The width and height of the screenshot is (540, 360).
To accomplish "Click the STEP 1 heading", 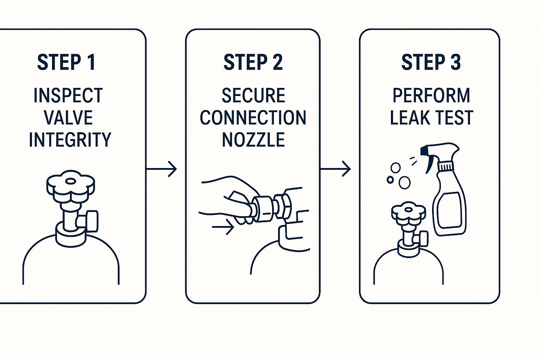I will tap(66, 63).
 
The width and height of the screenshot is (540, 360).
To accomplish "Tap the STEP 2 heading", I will tap(253, 63).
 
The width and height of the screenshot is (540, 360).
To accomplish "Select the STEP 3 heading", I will tap(431, 63).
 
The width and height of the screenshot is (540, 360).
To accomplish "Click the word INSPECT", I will tap(68, 96).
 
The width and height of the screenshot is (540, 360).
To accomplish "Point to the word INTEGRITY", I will tap(70, 140).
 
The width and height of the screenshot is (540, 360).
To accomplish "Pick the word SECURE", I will tap(253, 96).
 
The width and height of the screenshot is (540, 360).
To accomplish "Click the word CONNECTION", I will tap(253, 118).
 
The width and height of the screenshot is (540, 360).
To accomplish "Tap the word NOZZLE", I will tap(253, 140).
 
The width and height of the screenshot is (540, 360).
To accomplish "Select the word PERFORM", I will tap(431, 96).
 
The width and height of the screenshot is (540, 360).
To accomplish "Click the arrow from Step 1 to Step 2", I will tap(162, 169).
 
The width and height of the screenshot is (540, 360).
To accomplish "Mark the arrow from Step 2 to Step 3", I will tap(336, 169).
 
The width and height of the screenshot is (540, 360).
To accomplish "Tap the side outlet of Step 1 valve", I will tap(92, 221).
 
